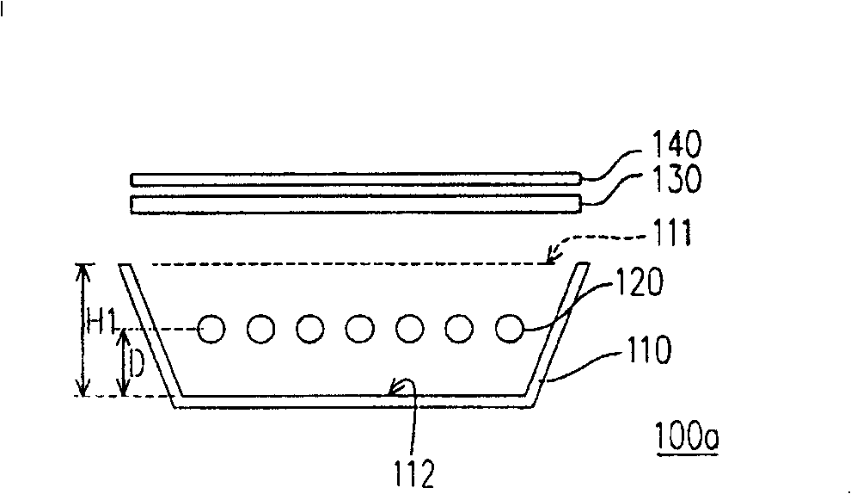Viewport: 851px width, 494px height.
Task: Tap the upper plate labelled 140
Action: point(355,180)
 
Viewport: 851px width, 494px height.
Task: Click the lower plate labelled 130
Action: point(355,204)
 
